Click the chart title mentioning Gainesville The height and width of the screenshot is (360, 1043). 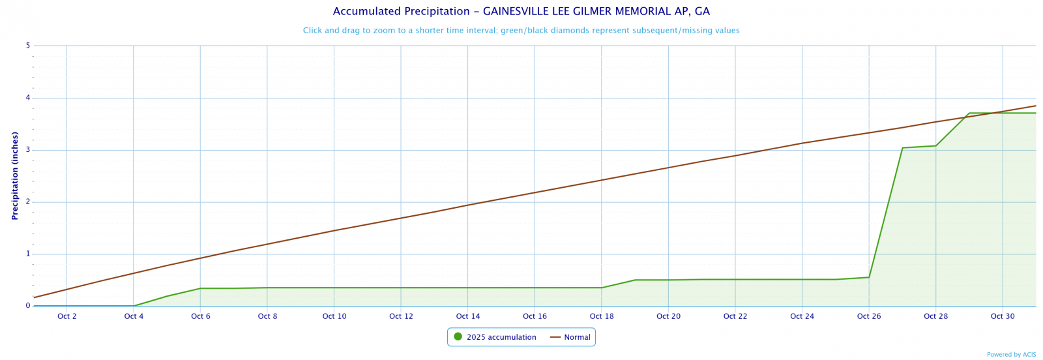click(521, 12)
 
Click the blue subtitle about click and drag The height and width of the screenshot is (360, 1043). click(521, 31)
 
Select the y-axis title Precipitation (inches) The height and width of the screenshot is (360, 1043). click(15, 175)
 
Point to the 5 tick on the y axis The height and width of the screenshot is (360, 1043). click(28, 46)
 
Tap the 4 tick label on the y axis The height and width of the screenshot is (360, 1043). click(28, 98)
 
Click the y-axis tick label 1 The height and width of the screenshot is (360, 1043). click(28, 254)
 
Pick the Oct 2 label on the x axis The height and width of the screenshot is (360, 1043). click(67, 317)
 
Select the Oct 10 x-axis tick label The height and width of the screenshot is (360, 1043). click(334, 317)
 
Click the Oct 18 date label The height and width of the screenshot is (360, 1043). click(602, 317)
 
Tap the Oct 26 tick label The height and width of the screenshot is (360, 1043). click(869, 317)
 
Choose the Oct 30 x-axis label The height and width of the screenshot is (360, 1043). click(1003, 317)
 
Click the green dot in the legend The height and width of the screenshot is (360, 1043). click(458, 337)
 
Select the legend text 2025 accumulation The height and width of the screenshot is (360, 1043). click(501, 337)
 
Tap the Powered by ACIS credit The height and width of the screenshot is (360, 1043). click(1011, 355)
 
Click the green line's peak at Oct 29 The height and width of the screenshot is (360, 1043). click(969, 113)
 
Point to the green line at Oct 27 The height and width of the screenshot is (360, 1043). click(903, 148)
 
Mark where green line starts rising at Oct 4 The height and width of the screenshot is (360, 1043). click(134, 306)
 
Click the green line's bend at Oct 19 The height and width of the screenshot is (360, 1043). click(636, 280)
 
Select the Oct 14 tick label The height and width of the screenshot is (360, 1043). click(468, 317)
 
